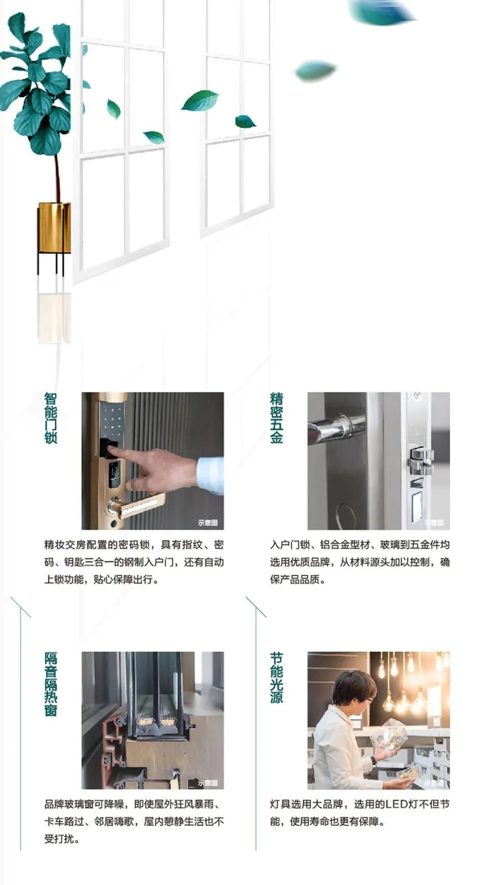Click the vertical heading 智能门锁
click(x=51, y=418)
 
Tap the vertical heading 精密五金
click(x=276, y=418)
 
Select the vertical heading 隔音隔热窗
click(x=51, y=684)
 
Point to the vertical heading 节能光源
click(x=276, y=677)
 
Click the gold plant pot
click(x=54, y=227)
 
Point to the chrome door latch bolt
click(x=420, y=461)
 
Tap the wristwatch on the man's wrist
click(x=373, y=760)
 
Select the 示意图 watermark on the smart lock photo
click(x=207, y=523)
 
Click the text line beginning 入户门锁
click(x=360, y=545)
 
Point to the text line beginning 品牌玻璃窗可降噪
click(x=134, y=804)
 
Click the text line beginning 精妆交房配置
click(x=134, y=545)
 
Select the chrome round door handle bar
click(x=336, y=428)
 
